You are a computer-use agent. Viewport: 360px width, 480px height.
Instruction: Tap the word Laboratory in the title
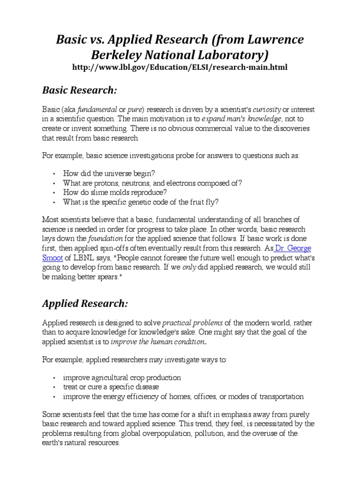click(223, 55)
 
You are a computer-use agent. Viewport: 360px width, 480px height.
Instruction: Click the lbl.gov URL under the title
click(180, 67)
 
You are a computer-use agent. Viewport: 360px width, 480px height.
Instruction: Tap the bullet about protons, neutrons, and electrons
click(153, 182)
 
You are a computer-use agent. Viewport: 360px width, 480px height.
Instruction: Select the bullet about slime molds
click(115, 192)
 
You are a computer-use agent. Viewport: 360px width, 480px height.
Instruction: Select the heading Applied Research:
click(84, 303)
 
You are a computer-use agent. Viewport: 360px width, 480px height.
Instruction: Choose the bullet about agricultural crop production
click(122, 377)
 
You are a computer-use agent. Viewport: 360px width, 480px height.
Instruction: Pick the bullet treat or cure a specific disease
click(111, 387)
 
